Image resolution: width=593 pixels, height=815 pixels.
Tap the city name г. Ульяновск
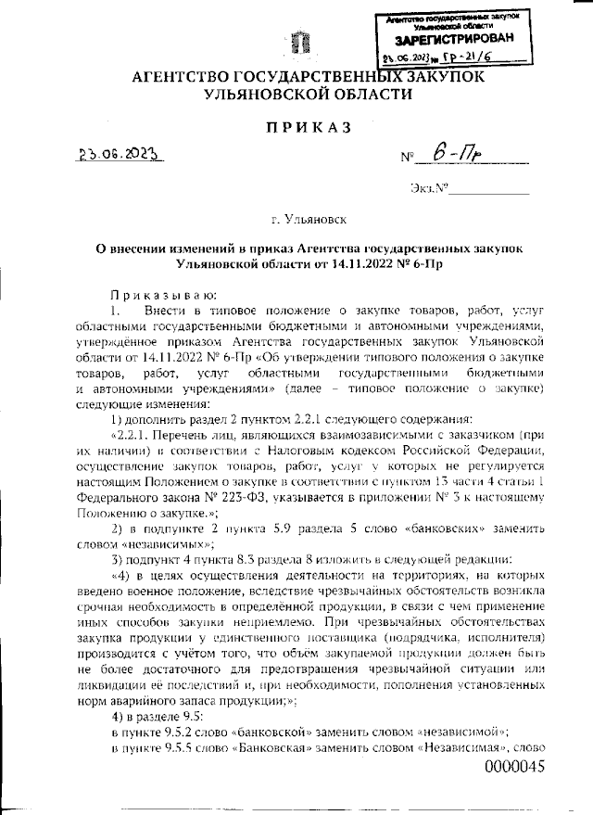[296, 220]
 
